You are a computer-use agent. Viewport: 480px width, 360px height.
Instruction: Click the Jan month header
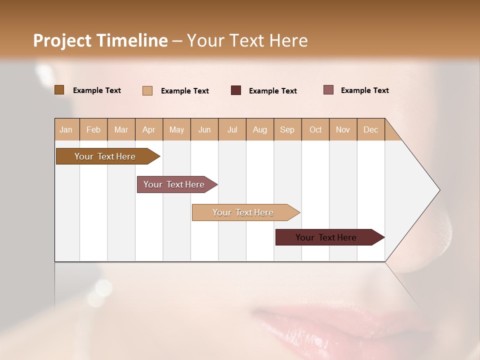coord(66,129)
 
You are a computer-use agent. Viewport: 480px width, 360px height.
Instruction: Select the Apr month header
coord(149,129)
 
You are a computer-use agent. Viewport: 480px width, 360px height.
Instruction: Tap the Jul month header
coord(232,129)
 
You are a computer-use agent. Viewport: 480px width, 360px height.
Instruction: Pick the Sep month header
coord(287,129)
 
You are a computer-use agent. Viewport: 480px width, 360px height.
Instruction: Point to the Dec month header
coord(370,129)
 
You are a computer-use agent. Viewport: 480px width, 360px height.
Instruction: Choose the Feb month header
coord(93,129)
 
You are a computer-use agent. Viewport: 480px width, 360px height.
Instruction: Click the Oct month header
coord(315,129)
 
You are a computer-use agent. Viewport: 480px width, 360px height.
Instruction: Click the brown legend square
coord(59,90)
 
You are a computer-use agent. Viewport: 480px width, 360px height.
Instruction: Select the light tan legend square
coord(147,90)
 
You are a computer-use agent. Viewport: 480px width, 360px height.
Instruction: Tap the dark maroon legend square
coord(236,90)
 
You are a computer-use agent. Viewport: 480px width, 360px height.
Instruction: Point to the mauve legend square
coord(328,90)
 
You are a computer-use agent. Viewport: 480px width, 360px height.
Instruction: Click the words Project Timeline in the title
coord(100,40)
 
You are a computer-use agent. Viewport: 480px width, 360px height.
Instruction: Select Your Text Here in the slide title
coord(247,40)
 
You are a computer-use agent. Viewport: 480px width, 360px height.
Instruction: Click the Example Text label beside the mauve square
coord(364,90)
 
